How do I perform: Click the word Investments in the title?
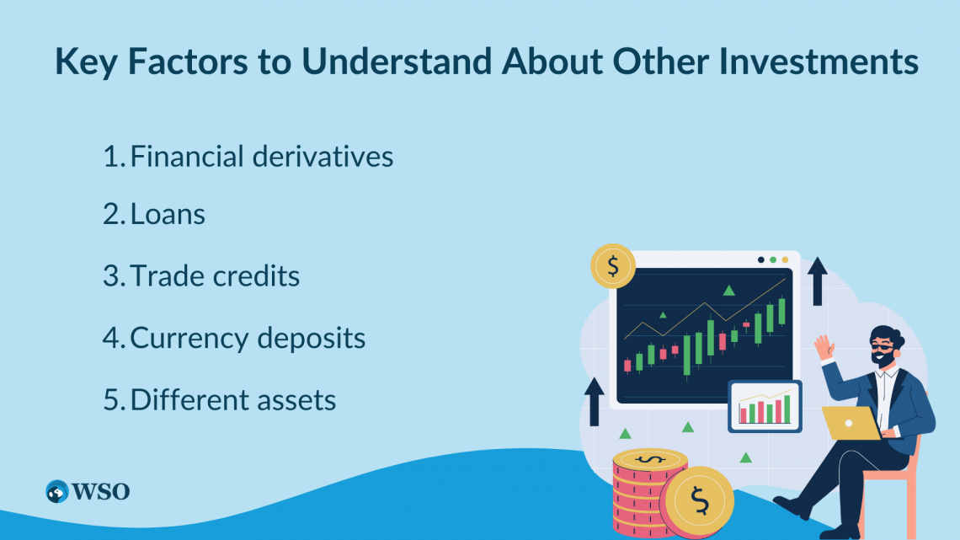coord(818,61)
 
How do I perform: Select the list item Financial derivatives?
coord(248,156)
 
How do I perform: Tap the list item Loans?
coord(153,214)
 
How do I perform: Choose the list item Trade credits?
coord(200,275)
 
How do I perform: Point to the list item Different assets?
coord(219,400)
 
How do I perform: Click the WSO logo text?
coord(100,491)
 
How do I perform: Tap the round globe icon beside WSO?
coord(57,492)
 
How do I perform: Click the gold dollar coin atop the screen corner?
coord(613,266)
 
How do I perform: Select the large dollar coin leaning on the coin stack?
coord(696,501)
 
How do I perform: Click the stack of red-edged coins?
coord(643,493)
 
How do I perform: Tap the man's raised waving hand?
coord(824,346)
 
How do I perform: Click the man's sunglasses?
coord(883,349)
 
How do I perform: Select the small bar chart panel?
coord(765,407)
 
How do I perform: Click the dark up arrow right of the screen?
coord(818,281)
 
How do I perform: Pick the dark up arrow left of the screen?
coord(594,402)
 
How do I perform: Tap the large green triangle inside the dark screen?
coord(728,290)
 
